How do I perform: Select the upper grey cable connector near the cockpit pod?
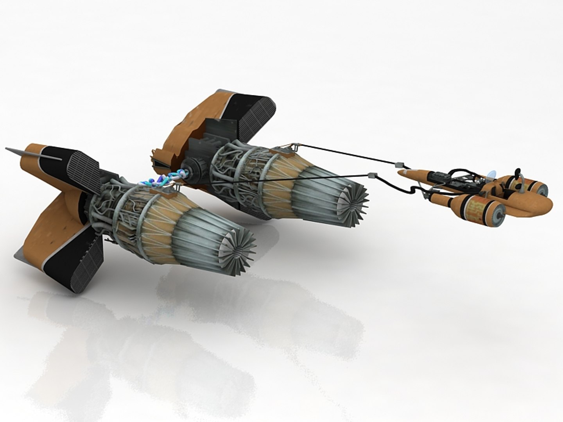click(x=400, y=164)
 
